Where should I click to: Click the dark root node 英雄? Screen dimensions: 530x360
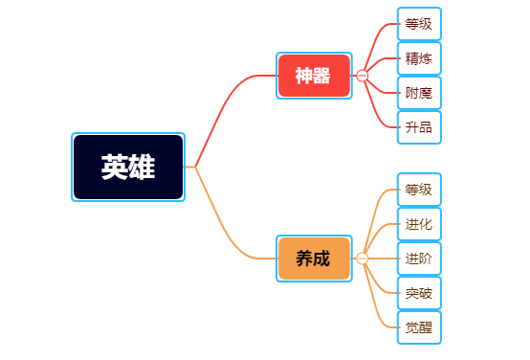[128, 168]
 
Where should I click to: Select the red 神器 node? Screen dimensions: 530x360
[314, 76]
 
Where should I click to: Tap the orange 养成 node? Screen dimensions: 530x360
[314, 259]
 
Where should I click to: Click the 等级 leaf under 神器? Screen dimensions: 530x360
[419, 24]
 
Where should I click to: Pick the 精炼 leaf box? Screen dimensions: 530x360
[419, 58]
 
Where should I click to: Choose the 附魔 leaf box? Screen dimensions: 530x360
[419, 93]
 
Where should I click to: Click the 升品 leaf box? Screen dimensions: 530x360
[419, 127]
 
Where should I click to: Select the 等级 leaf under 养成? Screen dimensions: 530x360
[419, 190]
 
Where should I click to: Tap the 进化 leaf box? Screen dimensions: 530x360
[419, 224]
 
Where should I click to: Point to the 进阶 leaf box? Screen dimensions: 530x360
[419, 259]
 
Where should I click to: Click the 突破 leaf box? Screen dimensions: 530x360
[419, 293]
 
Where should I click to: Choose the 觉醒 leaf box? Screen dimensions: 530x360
[419, 327]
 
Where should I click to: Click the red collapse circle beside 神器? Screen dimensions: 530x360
[362, 76]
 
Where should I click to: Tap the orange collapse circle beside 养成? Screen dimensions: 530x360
[362, 259]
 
